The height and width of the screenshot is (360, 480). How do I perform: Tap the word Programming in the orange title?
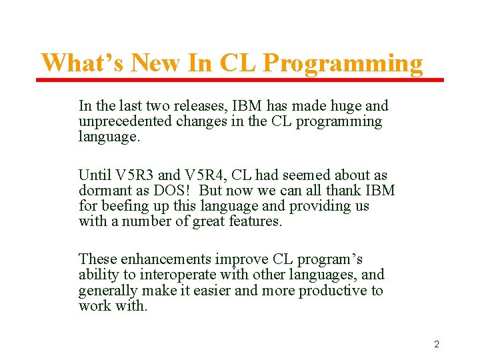pos(343,63)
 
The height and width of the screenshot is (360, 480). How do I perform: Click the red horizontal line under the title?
pos(240,80)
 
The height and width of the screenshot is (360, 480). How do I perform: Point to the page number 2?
pos(437,344)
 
